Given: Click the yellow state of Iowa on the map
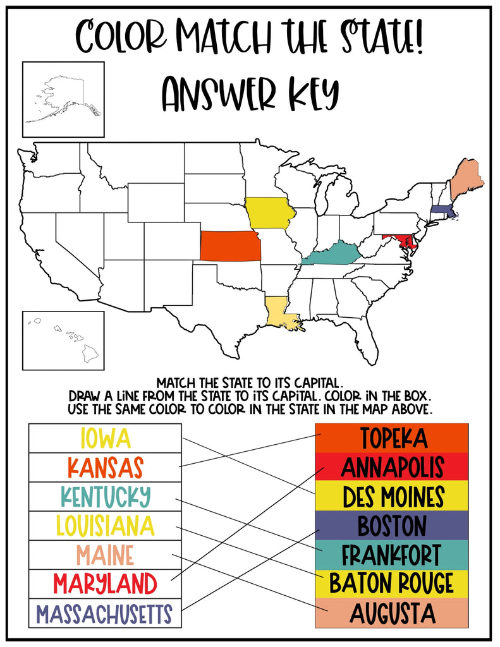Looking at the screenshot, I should point(269,213).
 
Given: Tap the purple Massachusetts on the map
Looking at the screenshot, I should point(442,211).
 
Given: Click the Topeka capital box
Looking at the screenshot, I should point(391,438).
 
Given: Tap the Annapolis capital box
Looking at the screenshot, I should point(391,467).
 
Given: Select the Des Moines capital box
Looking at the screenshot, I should point(391,497).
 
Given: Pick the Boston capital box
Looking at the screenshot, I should point(391,526).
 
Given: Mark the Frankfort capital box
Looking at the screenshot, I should point(391,555).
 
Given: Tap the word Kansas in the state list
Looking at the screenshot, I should point(105,468).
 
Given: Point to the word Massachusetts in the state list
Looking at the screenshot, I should point(104,614).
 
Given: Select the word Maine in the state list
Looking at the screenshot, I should point(105,555).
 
